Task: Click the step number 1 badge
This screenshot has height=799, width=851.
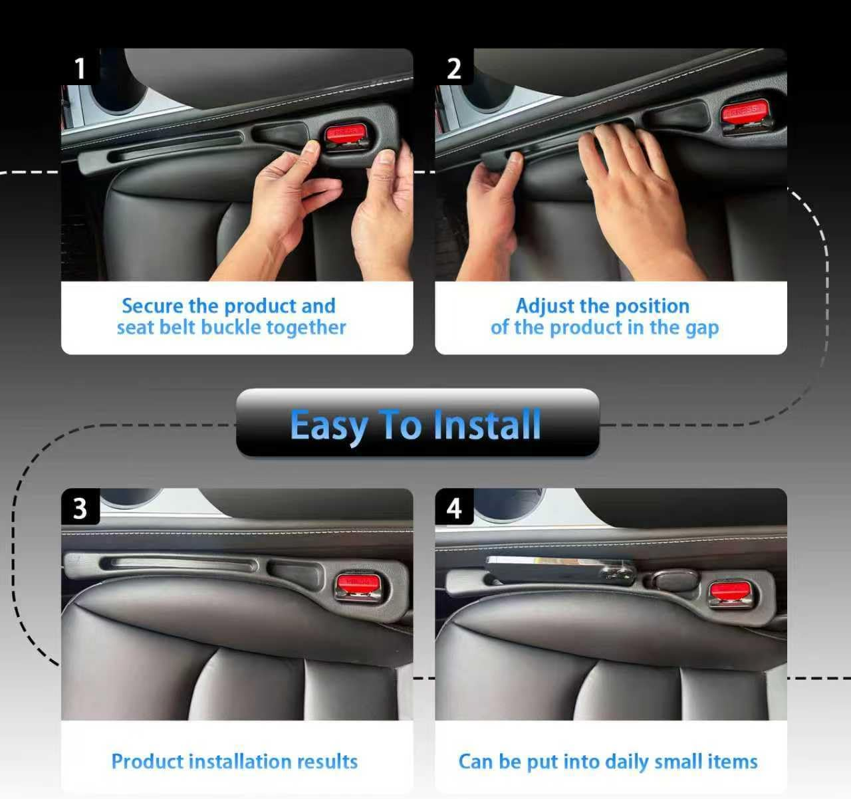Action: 80,68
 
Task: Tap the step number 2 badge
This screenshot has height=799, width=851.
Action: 454,68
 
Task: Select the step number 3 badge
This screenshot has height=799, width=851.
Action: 80,509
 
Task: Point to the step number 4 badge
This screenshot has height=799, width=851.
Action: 454,509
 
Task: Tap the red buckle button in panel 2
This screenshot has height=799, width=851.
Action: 744,111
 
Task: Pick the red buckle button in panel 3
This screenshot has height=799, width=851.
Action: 358,584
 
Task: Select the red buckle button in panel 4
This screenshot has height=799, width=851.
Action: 729,590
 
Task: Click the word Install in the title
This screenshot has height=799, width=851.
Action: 487,425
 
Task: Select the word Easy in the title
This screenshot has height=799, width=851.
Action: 328,425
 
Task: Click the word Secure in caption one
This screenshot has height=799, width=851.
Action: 152,306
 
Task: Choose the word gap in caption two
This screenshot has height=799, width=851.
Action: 701,328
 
